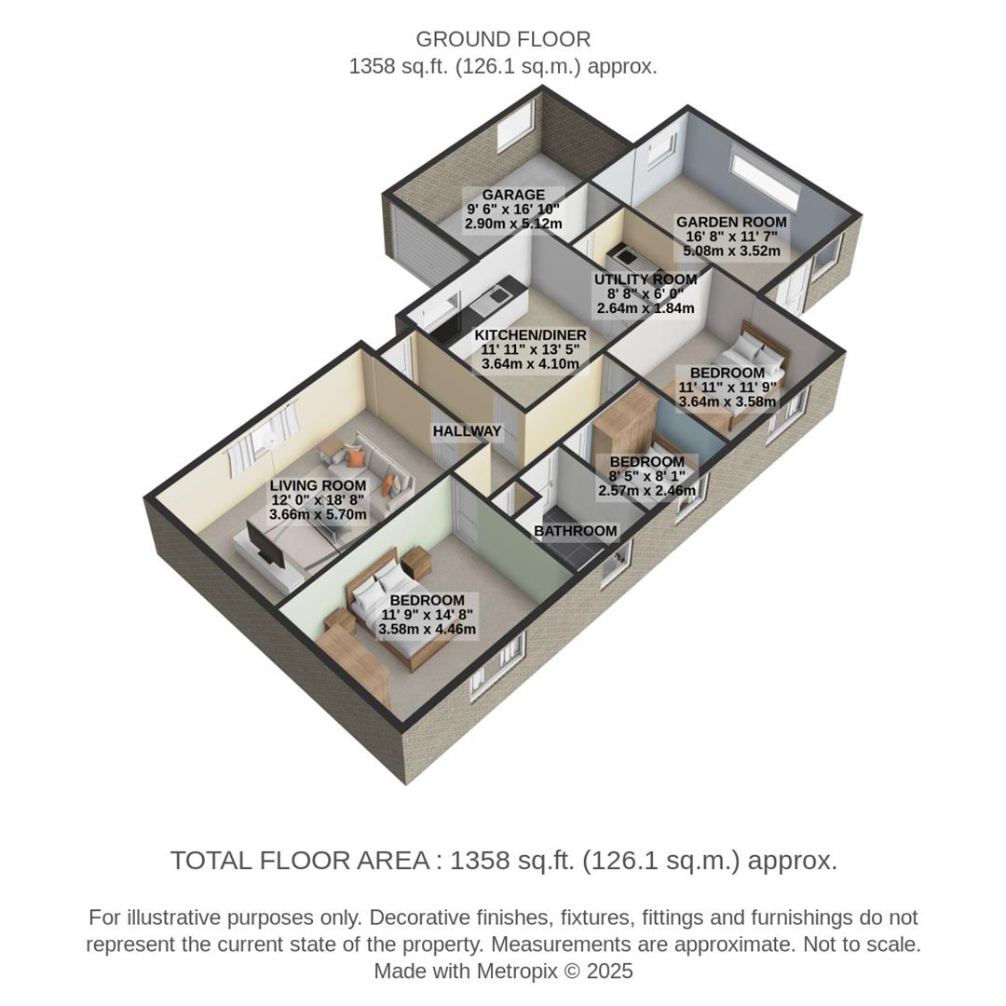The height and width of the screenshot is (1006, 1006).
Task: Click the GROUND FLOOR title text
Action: [x=503, y=40]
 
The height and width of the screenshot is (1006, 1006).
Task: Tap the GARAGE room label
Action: [x=513, y=195]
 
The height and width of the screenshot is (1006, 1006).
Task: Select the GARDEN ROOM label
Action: [x=731, y=223]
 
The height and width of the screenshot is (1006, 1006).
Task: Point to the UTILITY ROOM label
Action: [x=646, y=279]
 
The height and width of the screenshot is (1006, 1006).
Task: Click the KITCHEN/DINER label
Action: [x=530, y=335]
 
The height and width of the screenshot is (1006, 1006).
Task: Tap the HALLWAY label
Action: [x=467, y=432]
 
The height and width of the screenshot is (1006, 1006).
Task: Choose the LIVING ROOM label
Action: [x=318, y=485]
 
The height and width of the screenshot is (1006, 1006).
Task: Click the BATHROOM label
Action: [x=575, y=532]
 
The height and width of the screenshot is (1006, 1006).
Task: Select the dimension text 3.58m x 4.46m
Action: [x=427, y=630]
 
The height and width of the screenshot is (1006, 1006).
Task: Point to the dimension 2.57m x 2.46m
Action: [x=646, y=490]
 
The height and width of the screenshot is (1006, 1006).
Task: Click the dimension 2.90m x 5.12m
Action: [x=513, y=224]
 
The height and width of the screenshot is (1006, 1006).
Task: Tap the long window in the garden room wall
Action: [x=766, y=181]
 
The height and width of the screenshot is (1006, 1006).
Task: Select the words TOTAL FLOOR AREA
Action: [x=299, y=861]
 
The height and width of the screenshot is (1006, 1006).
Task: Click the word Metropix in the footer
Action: [x=517, y=972]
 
